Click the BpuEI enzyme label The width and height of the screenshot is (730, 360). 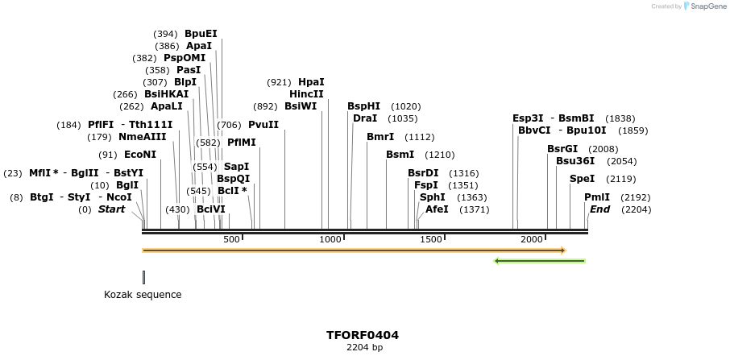[x=201, y=34]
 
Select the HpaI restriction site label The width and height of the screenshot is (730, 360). [x=311, y=82]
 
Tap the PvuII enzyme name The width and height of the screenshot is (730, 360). [x=263, y=125]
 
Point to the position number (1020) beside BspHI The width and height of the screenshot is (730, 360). [x=406, y=106]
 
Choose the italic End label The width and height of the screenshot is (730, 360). [x=599, y=209]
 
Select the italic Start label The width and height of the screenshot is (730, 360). [x=111, y=209]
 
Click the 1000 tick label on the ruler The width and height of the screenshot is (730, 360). [x=331, y=240]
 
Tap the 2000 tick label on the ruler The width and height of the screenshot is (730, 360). [x=532, y=240]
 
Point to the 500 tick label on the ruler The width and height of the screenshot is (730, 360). [x=232, y=240]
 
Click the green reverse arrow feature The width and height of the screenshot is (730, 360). [x=539, y=261]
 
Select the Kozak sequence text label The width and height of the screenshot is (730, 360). [x=143, y=295]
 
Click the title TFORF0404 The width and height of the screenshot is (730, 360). [x=363, y=335]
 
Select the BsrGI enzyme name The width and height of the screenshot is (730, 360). [x=562, y=149]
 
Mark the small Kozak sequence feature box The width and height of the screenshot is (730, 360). [x=143, y=277]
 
